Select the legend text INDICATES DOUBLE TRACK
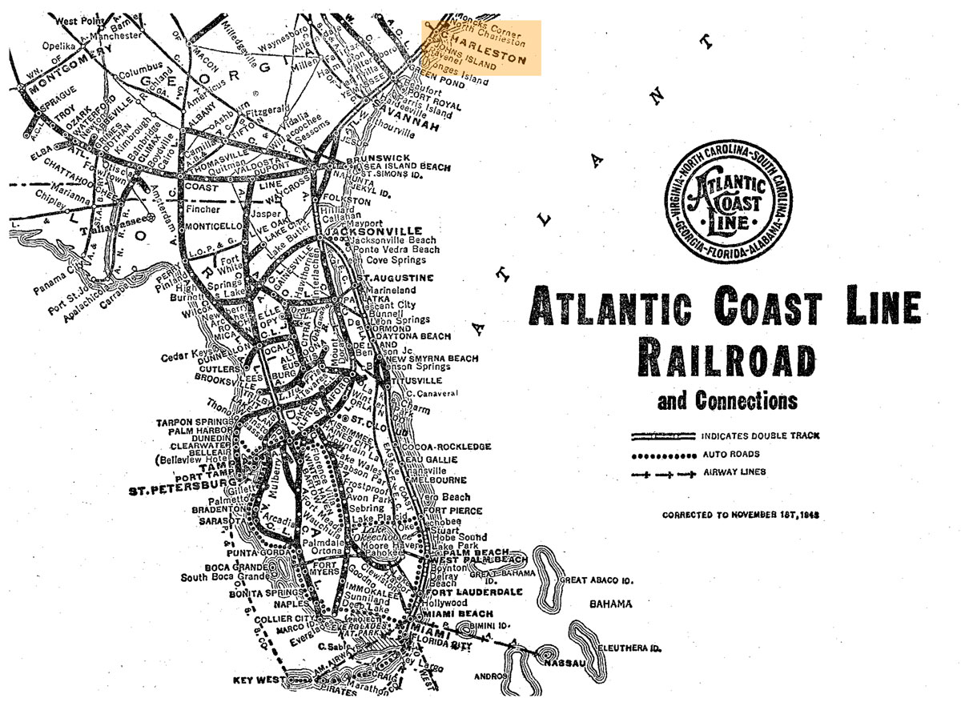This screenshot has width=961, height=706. (x=760, y=436)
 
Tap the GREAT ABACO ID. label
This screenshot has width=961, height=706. (x=597, y=580)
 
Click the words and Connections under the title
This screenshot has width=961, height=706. (x=727, y=399)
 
